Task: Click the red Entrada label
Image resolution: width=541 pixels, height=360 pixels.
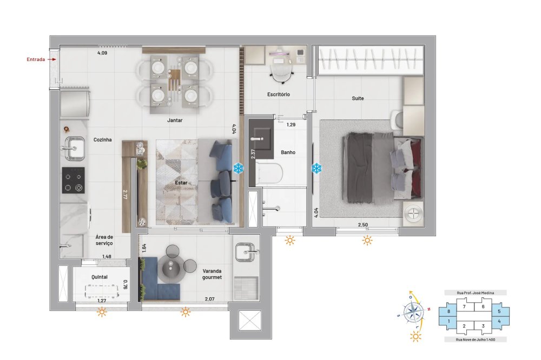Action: pos(36,59)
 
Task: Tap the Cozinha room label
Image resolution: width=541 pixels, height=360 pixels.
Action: pos(102,139)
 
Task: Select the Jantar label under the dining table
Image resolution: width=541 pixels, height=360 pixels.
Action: pos(174,121)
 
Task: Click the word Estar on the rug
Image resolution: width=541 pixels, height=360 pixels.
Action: pos(181,183)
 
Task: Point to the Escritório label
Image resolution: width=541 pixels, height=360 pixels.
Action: pos(279,95)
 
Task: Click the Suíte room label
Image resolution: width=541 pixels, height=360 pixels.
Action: pos(358,98)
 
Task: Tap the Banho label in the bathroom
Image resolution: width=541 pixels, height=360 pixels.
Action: pos(288,152)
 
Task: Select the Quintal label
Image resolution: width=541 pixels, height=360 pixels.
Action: pos(100,277)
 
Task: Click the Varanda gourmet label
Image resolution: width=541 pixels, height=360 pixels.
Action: pos(212,274)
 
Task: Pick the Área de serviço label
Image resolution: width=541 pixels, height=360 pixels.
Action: pos(104,241)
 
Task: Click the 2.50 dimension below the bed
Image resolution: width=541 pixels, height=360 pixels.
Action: pos(364,224)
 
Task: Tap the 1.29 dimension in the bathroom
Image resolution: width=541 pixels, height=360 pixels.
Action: pos(291,125)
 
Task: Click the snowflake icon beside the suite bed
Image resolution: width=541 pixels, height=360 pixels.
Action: pos(316,169)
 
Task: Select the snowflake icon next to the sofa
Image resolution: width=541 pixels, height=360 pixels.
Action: pos(238,169)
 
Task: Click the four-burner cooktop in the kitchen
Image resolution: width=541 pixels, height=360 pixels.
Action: pos(74,180)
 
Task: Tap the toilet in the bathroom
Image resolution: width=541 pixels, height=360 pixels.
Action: pos(270,174)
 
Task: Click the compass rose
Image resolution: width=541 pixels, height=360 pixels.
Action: pos(414,312)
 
